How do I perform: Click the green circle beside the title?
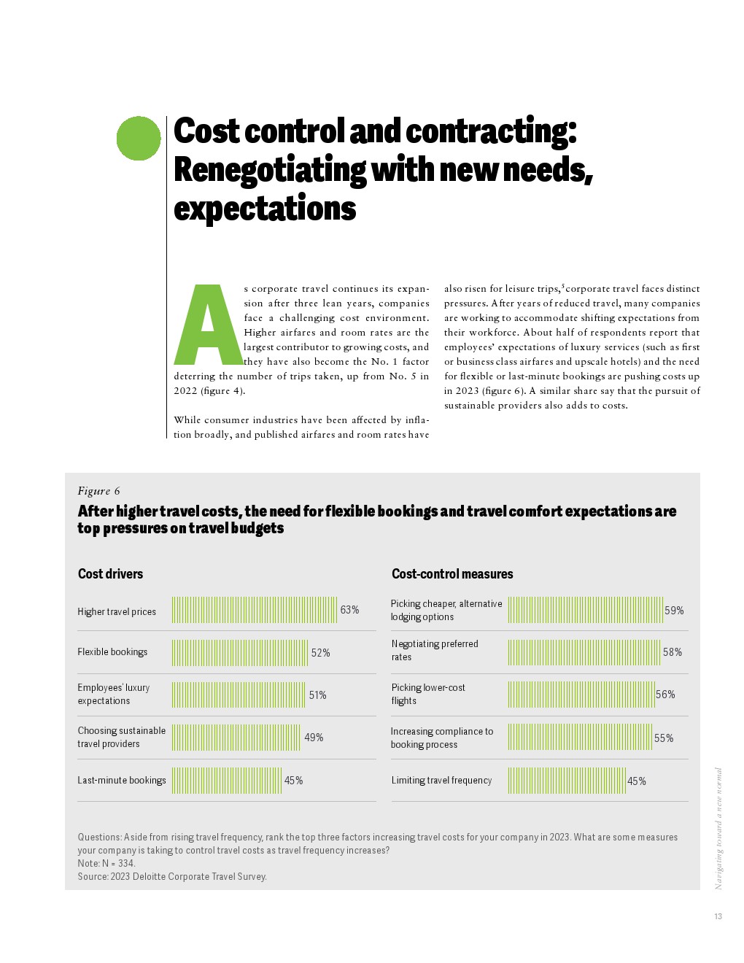[x=139, y=138]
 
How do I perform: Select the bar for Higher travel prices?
[x=255, y=610]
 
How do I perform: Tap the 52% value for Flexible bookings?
[x=320, y=653]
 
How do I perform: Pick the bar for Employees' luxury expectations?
[x=239, y=695]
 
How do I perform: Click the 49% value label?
[x=314, y=738]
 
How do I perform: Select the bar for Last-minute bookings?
[x=227, y=781]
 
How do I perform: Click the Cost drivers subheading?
[x=110, y=574]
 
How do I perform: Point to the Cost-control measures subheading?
[x=452, y=574]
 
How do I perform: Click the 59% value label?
[x=674, y=611]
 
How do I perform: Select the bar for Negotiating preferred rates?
[x=584, y=652]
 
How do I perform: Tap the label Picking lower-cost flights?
[x=428, y=694]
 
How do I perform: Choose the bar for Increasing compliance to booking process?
[x=579, y=738]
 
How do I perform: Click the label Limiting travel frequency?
[x=441, y=781]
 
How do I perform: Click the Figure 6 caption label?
[x=98, y=491]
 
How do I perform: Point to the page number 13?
[x=718, y=916]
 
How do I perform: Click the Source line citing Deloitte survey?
[x=172, y=876]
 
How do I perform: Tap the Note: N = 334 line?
[x=106, y=863]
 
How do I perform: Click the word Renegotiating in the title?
[x=270, y=169]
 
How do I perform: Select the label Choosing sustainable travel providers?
[x=121, y=737]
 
